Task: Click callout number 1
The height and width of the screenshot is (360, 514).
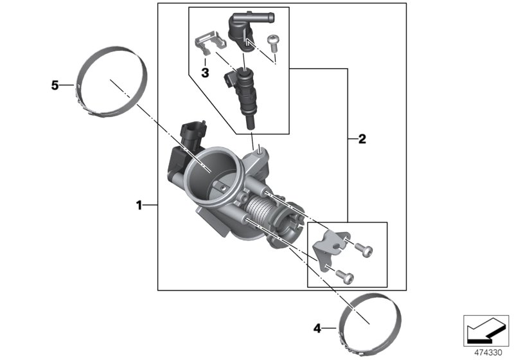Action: coord(138,205)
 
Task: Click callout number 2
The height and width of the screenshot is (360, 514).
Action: coord(362,138)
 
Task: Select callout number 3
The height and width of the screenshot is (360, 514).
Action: coord(205,73)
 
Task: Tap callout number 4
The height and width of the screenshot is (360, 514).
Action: coord(317,328)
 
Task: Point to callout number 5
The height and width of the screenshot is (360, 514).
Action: coord(55,84)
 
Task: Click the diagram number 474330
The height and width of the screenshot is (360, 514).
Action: coord(487,352)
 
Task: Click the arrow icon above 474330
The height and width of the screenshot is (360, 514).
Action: coord(486,330)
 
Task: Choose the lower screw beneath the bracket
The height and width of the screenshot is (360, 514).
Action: coord(346,276)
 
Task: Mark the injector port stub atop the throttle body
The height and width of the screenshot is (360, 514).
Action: coord(259,153)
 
